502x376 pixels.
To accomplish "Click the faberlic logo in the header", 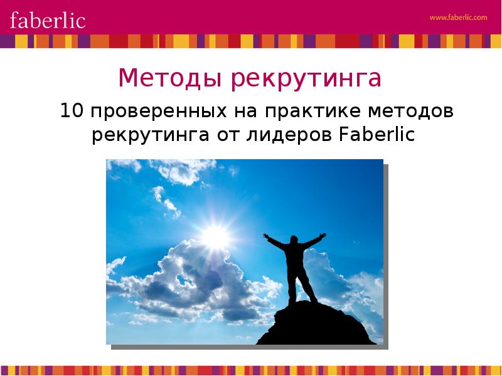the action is point(48,20).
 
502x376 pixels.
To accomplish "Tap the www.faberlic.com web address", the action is point(459,18).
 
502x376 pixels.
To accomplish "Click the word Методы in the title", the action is point(170,78).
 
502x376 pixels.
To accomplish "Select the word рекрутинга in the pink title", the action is point(306,79).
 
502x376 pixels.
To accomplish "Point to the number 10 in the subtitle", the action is point(72,111).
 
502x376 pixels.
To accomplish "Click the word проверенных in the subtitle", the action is point(159,112).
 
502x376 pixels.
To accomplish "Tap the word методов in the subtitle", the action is point(411,112).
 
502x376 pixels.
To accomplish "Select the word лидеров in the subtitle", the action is point(289,135).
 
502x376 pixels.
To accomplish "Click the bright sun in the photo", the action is point(215,237).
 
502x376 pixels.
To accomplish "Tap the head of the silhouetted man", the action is point(294,239).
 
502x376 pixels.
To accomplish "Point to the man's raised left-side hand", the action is point(266,236).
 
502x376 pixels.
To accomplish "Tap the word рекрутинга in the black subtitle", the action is point(151,135).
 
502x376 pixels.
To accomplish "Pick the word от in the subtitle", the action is point(228,136).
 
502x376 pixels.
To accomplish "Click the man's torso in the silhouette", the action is point(294,256).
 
